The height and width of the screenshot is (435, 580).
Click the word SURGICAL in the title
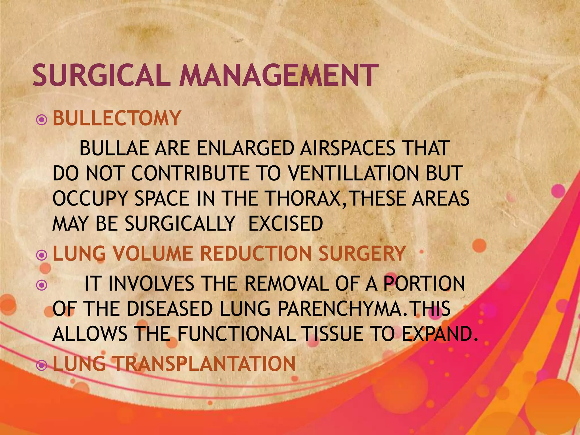point(101,75)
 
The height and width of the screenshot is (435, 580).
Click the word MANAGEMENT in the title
point(279,75)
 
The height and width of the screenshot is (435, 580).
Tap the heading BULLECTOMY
point(117,118)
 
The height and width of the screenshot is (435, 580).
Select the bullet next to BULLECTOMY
point(42,120)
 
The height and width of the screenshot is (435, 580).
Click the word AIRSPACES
point(347,148)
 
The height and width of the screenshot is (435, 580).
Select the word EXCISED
point(285,223)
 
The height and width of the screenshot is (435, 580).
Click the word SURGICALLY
point(180,223)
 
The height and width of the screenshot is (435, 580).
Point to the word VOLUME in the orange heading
point(153,253)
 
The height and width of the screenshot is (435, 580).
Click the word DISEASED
point(169,309)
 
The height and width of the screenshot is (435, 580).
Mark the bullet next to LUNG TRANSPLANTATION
point(42,366)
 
